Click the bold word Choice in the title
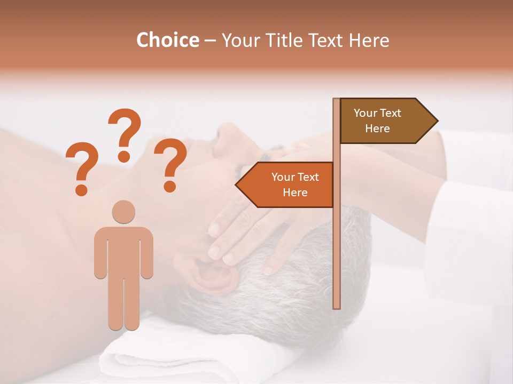click(167, 40)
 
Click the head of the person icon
click(123, 211)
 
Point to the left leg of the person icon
click(115, 299)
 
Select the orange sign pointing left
click(289, 185)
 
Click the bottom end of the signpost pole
click(337, 307)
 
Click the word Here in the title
click(369, 40)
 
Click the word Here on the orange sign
click(295, 193)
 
